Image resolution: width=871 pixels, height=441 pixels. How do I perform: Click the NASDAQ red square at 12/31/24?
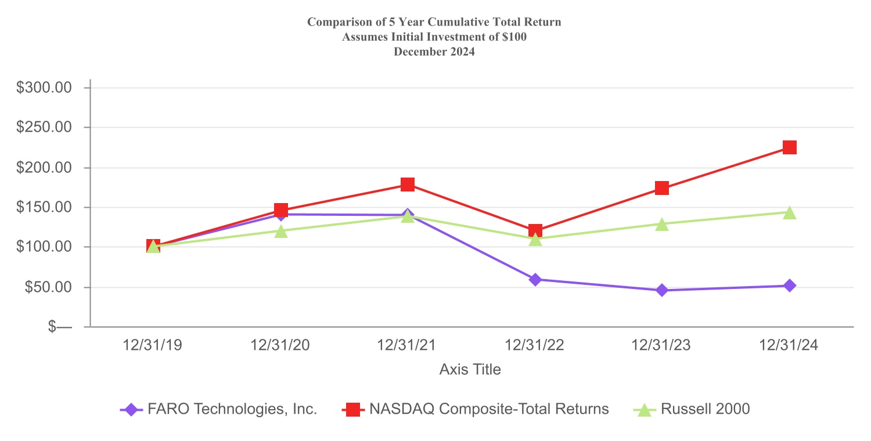tap(789, 147)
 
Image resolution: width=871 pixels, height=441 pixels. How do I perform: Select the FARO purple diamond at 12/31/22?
tap(535, 280)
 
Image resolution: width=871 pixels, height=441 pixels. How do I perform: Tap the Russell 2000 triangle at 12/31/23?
tap(662, 224)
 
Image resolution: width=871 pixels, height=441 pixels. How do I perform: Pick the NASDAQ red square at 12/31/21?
tap(408, 185)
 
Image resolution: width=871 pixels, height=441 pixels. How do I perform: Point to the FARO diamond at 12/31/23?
tap(662, 290)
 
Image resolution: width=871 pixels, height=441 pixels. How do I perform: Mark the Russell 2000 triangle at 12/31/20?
tap(281, 232)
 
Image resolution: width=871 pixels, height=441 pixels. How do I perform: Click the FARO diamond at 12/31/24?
tap(789, 285)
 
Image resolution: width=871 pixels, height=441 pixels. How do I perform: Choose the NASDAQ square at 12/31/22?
tap(535, 231)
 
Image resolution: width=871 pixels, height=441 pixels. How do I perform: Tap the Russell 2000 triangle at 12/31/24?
tap(789, 212)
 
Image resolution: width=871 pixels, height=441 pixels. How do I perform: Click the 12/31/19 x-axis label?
tap(153, 345)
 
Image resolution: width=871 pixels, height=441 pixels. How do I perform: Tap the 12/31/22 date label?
tap(535, 345)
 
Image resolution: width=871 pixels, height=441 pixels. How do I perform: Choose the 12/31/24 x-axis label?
tap(789, 345)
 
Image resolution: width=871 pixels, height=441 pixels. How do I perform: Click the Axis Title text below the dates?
tap(470, 369)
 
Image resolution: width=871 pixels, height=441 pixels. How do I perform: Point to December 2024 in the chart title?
tap(434, 51)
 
